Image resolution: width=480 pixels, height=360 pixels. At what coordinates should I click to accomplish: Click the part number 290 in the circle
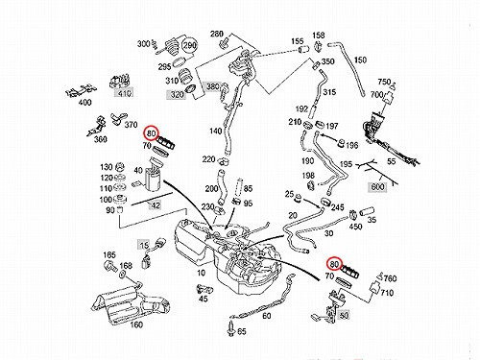[189, 46]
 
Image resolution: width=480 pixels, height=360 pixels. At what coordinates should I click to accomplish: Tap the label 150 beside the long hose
[360, 60]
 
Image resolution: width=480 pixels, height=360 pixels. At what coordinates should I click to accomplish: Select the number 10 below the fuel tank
[201, 273]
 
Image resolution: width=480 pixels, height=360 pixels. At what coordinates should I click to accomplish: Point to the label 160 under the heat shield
[136, 324]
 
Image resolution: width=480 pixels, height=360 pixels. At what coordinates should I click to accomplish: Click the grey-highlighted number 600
[377, 186]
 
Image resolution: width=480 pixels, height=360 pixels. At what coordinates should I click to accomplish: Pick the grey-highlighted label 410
[125, 93]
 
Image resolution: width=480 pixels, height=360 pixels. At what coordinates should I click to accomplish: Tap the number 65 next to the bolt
[242, 331]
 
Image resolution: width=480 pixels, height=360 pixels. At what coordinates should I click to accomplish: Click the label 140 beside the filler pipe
[216, 131]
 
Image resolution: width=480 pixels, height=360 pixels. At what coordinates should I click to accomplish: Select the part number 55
[392, 161]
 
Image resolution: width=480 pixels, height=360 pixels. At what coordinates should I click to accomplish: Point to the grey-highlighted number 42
[156, 205]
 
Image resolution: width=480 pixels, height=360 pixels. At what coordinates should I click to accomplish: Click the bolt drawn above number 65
[231, 329]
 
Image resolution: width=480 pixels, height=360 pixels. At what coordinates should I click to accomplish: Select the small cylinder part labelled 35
[368, 212]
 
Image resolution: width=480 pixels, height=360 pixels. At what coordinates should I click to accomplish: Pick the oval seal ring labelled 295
[180, 62]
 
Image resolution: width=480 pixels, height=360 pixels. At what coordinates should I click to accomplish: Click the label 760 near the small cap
[390, 278]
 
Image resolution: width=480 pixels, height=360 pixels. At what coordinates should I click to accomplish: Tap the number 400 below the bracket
[84, 103]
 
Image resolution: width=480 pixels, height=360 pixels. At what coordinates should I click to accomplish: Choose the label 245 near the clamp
[337, 207]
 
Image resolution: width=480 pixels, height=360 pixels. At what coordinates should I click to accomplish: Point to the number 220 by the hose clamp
[208, 159]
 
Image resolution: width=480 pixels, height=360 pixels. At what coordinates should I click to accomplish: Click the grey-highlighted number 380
[212, 86]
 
